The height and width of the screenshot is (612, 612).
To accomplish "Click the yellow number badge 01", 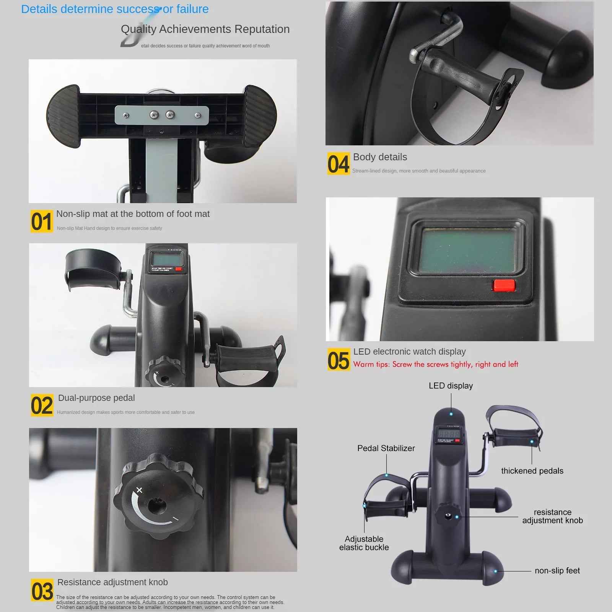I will click(x=42, y=221).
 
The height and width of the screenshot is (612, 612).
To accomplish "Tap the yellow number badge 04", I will click(x=338, y=164).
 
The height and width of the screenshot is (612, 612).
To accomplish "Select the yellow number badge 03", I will click(x=42, y=590).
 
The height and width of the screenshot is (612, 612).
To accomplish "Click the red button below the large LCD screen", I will click(x=503, y=285).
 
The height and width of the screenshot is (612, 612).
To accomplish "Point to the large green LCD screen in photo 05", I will click(x=467, y=249).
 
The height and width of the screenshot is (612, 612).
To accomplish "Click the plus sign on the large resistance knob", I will click(x=139, y=490).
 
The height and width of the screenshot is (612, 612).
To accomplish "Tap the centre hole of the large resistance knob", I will click(x=157, y=506).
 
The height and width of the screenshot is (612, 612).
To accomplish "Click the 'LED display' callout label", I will click(x=451, y=386).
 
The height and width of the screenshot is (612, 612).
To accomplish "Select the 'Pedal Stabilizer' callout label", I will click(x=386, y=448).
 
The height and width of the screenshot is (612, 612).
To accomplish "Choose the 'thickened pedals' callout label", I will click(x=532, y=471).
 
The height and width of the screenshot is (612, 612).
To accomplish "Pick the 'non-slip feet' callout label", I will click(x=557, y=571).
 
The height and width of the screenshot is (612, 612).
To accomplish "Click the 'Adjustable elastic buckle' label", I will click(x=364, y=543).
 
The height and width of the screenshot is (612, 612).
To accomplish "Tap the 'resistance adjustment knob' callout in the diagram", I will click(x=552, y=516).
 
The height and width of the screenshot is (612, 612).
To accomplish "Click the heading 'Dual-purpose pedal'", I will click(x=96, y=398).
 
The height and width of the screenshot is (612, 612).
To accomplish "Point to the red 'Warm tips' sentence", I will click(x=436, y=364).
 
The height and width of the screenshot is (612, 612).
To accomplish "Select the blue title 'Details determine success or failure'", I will click(x=115, y=9).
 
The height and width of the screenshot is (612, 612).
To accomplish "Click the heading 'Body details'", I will click(x=380, y=157).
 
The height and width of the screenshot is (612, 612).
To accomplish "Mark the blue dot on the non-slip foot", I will click(x=495, y=571).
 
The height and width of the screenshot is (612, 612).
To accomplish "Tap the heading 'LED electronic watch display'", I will click(x=409, y=352).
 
